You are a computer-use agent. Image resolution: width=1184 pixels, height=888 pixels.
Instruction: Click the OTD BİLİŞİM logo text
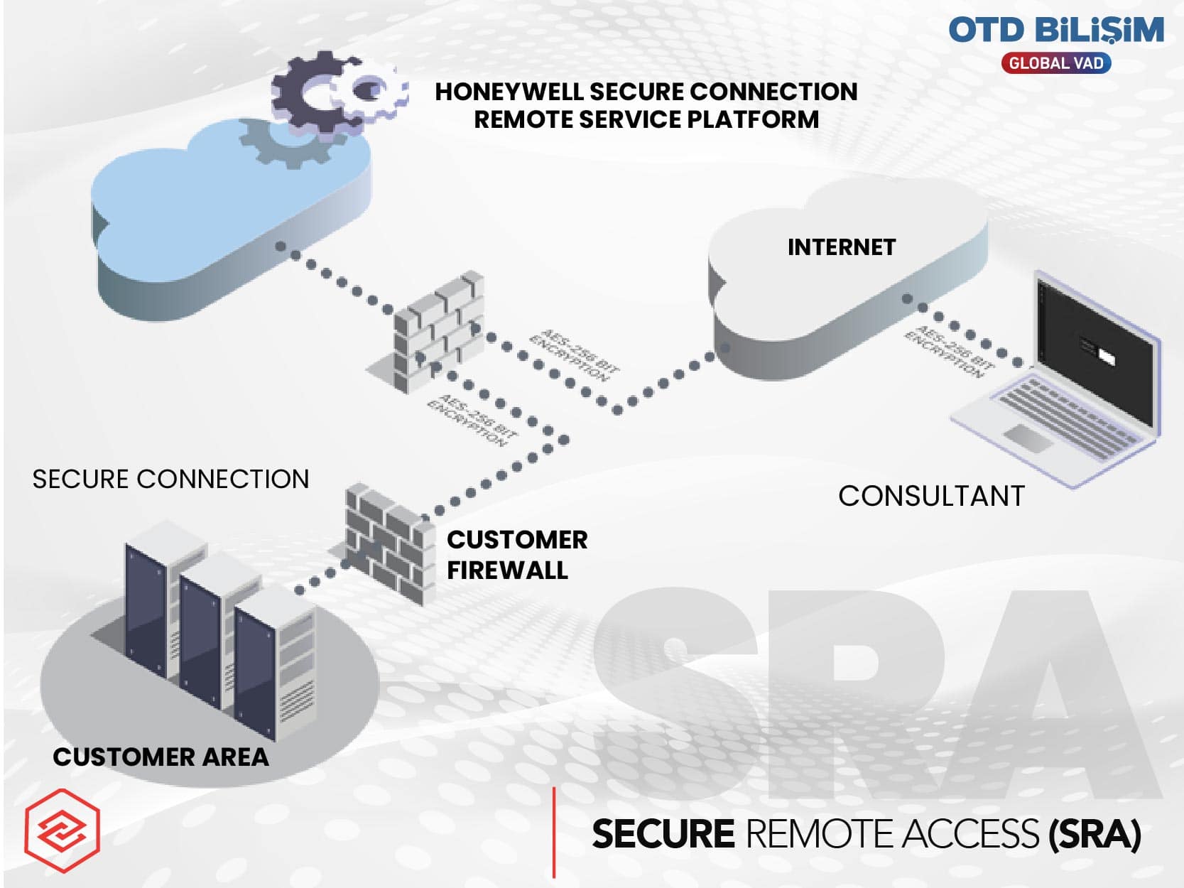point(1055,30)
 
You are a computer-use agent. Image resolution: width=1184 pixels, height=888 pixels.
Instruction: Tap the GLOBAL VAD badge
point(1055,63)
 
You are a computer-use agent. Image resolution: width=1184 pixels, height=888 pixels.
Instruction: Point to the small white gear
point(371,91)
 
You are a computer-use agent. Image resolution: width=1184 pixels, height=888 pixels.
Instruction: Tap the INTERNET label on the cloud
point(842,247)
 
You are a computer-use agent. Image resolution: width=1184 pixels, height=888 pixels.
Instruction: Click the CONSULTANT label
point(931,496)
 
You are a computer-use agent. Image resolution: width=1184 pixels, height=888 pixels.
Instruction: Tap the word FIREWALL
point(507,570)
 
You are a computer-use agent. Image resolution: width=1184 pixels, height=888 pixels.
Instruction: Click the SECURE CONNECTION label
point(170,480)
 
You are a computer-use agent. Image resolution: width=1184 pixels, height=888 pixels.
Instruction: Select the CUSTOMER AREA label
point(161,757)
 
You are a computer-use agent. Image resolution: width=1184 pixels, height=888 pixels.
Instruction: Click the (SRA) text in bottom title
point(1094,834)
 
